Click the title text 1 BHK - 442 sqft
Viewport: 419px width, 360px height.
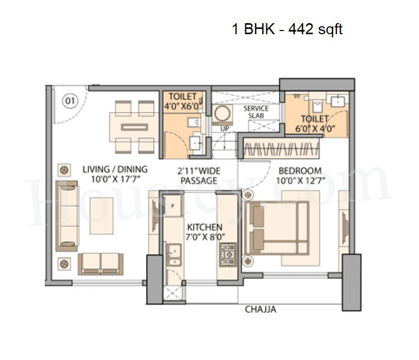point(287,29)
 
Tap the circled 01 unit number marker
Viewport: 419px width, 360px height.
point(69,100)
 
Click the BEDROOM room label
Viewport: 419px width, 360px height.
point(300,171)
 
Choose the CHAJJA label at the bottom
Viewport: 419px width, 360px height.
point(260,309)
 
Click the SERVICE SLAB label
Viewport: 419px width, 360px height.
point(255,112)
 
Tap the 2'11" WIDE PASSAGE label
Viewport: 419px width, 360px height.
point(199,176)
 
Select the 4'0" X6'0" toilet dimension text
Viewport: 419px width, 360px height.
point(183,105)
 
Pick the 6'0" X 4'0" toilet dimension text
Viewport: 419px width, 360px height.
point(315,128)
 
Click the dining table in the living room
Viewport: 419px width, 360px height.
point(134,127)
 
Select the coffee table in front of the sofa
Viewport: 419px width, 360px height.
point(102,215)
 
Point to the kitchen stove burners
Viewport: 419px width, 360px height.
point(228,254)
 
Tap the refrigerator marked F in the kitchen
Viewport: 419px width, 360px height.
point(173,205)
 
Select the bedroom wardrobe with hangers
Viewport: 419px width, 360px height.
point(281,147)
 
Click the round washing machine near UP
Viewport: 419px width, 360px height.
point(223,114)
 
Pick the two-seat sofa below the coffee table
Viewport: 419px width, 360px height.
point(101,263)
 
